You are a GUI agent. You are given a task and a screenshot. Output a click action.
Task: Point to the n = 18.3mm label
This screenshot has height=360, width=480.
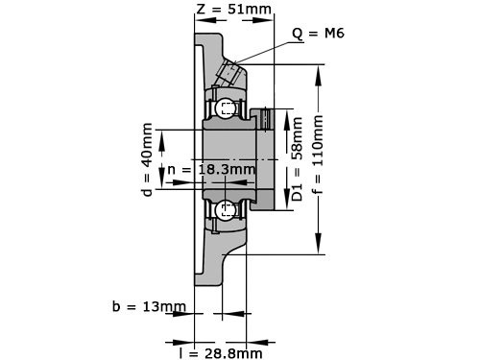point(211,170)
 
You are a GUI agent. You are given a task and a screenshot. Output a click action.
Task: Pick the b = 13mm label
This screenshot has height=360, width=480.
point(148,307)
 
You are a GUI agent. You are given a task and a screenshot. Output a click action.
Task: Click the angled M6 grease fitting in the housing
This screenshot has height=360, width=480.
point(230,73)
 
